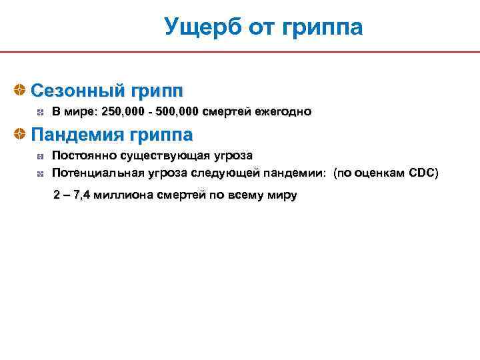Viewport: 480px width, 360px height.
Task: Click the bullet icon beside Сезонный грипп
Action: click(x=21, y=89)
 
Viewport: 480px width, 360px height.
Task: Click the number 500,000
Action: click(x=177, y=111)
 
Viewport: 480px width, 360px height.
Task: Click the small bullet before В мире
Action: click(x=41, y=112)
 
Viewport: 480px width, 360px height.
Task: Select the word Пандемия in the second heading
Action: click(x=77, y=135)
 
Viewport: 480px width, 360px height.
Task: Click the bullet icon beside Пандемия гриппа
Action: click(x=21, y=135)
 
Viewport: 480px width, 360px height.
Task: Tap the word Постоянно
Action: click(x=84, y=156)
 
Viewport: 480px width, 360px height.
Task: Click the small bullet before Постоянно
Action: click(x=41, y=157)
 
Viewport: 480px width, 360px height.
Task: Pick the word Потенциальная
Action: click(x=99, y=173)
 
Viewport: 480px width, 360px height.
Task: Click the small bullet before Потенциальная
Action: click(x=41, y=174)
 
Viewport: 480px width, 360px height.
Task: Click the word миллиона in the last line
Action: click(x=125, y=195)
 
